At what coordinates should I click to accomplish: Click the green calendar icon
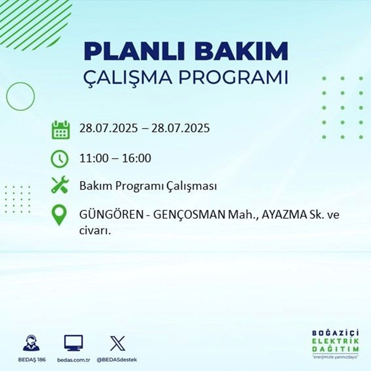point(60,129)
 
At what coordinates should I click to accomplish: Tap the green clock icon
point(60,159)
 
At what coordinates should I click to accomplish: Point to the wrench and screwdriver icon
point(60,184)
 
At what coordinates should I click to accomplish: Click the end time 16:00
point(138,158)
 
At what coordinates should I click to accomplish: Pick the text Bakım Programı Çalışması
point(148,187)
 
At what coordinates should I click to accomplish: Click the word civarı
point(95,230)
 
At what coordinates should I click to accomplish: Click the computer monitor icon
point(73,343)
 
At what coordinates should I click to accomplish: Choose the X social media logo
point(117,343)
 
